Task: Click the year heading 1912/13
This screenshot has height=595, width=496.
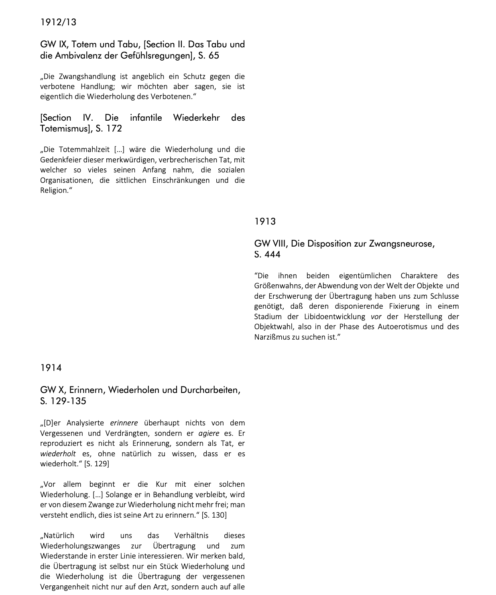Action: (x=58, y=22)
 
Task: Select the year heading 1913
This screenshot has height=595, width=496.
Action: (x=265, y=221)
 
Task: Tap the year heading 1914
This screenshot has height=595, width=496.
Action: (x=51, y=368)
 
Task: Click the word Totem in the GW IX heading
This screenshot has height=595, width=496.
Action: (x=84, y=45)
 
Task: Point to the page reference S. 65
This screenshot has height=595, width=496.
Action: (x=209, y=56)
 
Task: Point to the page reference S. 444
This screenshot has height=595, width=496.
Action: (x=267, y=255)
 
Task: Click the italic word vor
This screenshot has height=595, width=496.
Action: (x=376, y=317)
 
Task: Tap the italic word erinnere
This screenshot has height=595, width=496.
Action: (x=124, y=423)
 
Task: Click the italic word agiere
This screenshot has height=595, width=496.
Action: (x=209, y=433)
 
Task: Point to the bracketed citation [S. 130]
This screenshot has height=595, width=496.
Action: (x=214, y=515)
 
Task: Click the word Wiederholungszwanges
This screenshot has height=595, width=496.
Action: (x=80, y=546)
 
